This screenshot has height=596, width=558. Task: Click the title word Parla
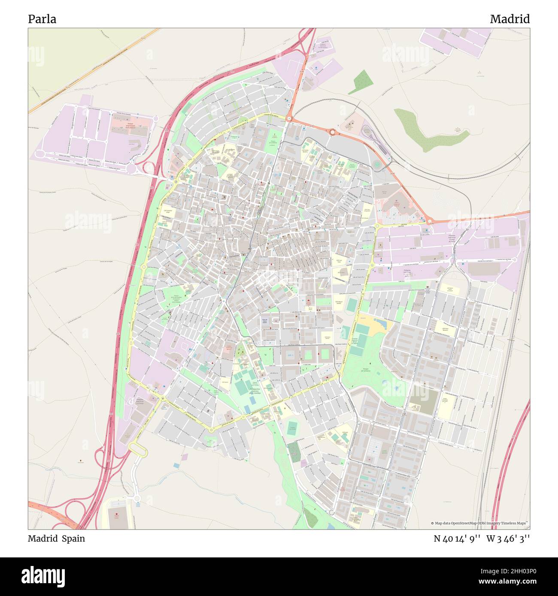click(x=42, y=19)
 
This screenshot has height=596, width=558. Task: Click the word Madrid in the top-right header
click(x=509, y=19)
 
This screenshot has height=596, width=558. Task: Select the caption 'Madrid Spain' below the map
click(x=56, y=539)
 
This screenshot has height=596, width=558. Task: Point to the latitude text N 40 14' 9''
click(x=458, y=539)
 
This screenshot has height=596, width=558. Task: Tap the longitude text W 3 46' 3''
click(x=508, y=539)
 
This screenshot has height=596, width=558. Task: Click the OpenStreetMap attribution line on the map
click(x=479, y=523)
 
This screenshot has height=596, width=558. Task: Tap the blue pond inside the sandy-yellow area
click(x=381, y=322)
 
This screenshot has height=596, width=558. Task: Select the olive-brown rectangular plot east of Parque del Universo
click(x=423, y=402)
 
